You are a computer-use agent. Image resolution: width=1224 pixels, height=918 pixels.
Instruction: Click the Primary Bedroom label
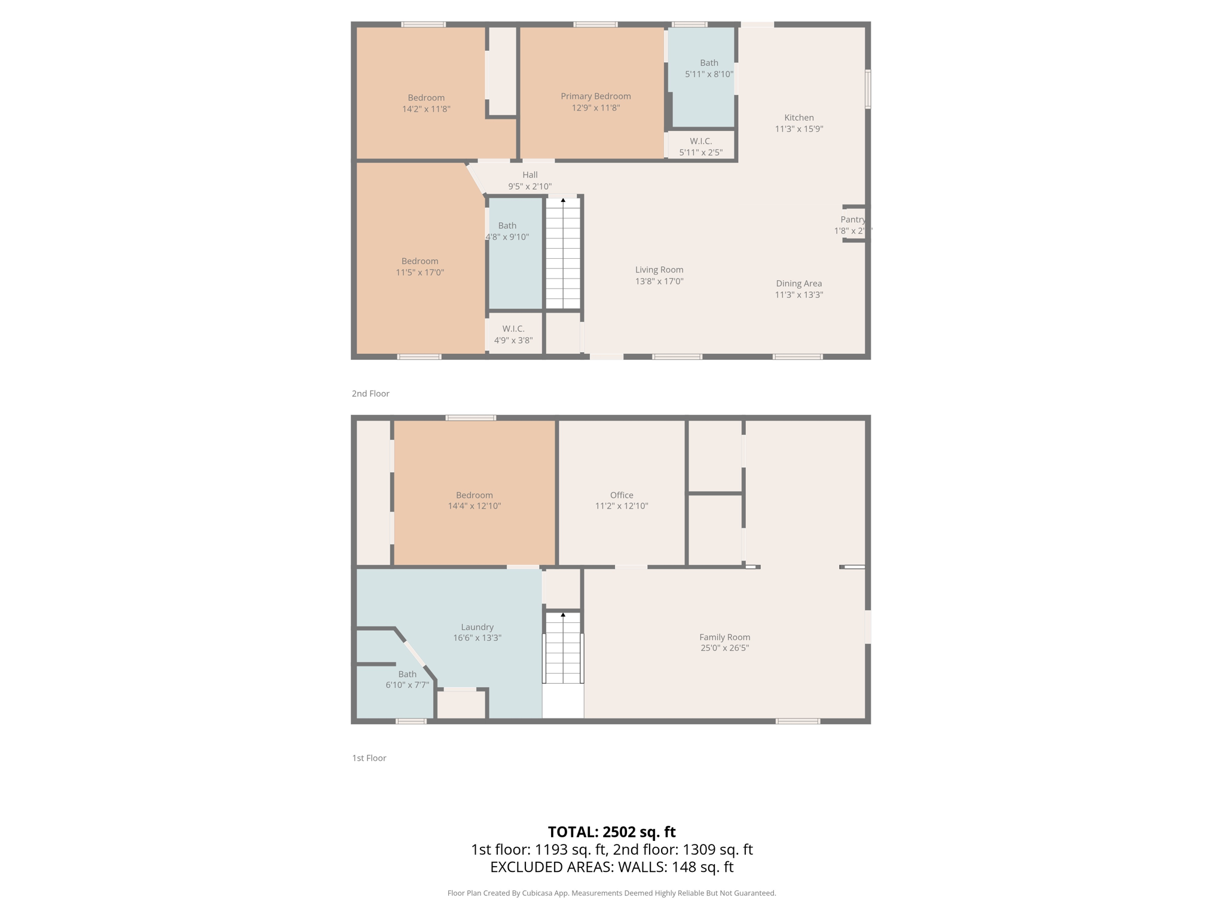tap(595, 96)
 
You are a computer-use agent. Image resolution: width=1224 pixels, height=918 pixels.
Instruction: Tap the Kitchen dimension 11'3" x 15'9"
tap(799, 129)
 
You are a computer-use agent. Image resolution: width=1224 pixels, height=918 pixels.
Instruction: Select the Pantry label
tap(852, 219)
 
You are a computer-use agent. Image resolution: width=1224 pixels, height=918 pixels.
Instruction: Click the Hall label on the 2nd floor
tap(530, 175)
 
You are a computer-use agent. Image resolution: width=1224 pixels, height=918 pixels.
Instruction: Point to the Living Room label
tap(659, 270)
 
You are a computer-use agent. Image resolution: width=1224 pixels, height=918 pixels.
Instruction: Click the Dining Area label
tap(798, 283)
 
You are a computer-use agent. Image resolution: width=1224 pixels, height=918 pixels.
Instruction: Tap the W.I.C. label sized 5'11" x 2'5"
tap(700, 142)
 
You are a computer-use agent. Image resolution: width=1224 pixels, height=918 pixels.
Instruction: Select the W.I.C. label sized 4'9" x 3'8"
tap(513, 329)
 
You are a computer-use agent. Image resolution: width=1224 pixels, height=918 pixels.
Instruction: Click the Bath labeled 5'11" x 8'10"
tap(709, 63)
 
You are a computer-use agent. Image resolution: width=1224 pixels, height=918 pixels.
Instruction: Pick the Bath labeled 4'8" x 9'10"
tap(507, 226)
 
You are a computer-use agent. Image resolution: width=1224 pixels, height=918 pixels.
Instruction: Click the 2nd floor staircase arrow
tap(563, 200)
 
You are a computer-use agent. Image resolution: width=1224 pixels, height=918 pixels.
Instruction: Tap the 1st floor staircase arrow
tap(563, 614)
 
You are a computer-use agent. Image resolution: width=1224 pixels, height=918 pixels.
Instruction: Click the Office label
tap(622, 495)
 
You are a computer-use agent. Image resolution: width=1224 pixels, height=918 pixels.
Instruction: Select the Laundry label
tap(477, 627)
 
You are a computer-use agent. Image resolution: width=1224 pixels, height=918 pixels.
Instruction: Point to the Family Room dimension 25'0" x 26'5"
tap(724, 648)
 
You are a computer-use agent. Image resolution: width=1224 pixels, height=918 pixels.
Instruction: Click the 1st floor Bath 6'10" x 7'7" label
tap(407, 674)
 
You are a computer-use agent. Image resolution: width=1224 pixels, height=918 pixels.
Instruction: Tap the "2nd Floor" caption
tap(370, 393)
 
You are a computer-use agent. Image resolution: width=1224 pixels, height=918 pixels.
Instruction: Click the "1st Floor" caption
tap(369, 758)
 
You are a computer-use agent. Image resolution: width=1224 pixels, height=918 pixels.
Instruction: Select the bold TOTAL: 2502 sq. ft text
tap(611, 831)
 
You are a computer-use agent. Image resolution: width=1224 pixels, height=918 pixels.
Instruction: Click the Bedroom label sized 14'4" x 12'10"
tap(475, 495)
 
